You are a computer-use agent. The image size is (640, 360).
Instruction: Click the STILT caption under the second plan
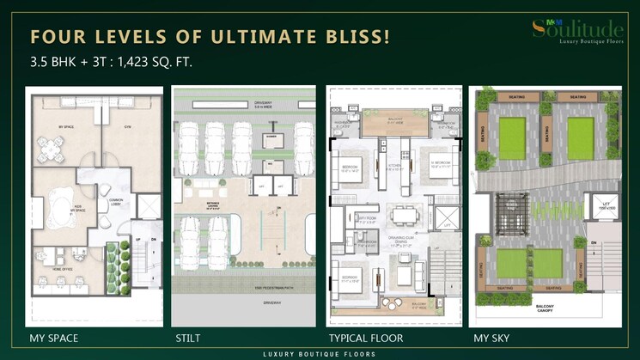click(x=188, y=338)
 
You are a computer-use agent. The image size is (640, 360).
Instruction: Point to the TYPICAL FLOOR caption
click(x=365, y=338)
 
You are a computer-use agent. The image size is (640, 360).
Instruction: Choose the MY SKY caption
click(x=491, y=338)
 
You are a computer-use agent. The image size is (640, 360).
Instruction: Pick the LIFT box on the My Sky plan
click(x=599, y=207)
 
